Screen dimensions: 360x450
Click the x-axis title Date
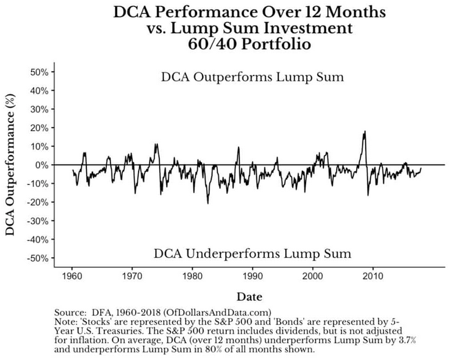[249, 297]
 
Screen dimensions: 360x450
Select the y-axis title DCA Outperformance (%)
[11, 165]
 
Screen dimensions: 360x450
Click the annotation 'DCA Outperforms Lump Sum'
[252, 77]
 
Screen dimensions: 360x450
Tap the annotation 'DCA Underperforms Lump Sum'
[252, 253]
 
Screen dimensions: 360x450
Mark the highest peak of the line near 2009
[364, 132]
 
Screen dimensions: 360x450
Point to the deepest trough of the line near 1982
[207, 203]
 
